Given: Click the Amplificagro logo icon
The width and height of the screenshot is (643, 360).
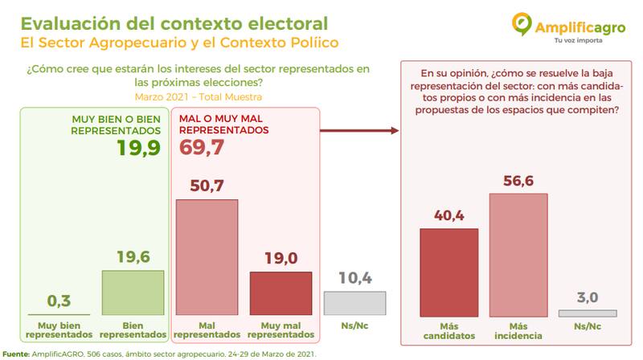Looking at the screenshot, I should tap(524, 24).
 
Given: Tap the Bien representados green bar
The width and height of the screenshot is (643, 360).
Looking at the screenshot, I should tap(133, 292).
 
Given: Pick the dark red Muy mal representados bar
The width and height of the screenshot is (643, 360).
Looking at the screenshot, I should tap(280, 293).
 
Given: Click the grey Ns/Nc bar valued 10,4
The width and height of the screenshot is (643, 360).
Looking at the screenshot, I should tap(354, 303).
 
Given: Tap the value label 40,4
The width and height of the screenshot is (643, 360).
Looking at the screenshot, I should tap(448, 215).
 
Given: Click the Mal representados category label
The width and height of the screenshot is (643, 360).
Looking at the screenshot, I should tap(207, 329).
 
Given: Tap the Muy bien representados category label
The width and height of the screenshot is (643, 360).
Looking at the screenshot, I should tap(59, 329).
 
